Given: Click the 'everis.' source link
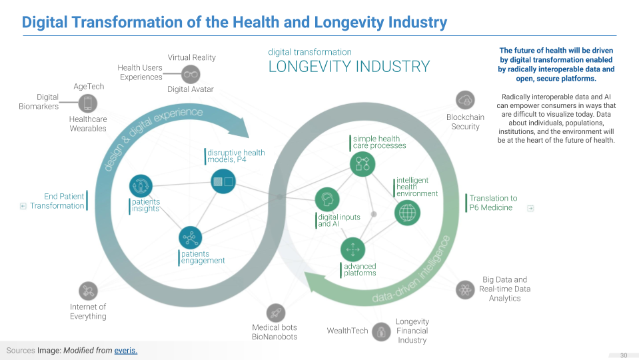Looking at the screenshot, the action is click(x=126, y=350).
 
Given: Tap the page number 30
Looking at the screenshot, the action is click(x=624, y=355).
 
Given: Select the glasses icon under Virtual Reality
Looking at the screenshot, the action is click(x=191, y=74).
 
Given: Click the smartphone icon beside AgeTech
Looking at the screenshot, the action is click(x=87, y=103).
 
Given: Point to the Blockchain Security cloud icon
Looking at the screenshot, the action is click(x=464, y=101).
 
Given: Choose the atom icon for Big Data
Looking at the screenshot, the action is click(x=464, y=289).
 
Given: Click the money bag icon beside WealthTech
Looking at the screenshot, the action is click(x=381, y=331).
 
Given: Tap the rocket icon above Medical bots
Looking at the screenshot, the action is click(x=275, y=313).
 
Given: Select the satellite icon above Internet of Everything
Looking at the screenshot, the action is click(x=87, y=291).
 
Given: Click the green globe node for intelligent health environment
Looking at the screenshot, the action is click(x=407, y=213).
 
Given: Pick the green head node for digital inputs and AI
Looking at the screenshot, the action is click(x=327, y=199).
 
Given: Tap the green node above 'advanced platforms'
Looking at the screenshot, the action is click(x=353, y=250).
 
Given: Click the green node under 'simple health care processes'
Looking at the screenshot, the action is click(x=362, y=163).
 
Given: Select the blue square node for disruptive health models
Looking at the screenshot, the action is click(x=223, y=181).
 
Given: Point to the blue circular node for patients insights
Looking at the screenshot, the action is click(x=141, y=186).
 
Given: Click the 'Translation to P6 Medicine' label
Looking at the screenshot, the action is click(x=493, y=203).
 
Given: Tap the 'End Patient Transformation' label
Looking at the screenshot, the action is click(x=57, y=201).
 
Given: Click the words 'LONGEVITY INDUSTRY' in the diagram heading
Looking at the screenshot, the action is click(x=348, y=67).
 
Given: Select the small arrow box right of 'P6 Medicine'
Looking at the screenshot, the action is click(x=530, y=208).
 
